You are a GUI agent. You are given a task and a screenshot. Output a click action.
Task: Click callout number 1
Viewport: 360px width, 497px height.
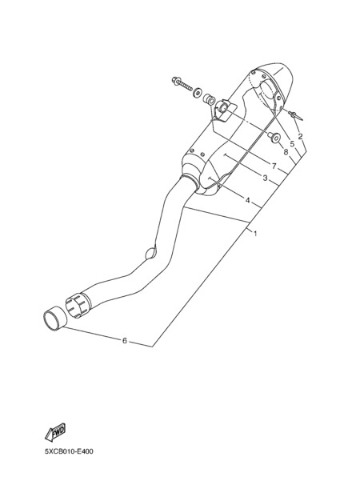point(255,234)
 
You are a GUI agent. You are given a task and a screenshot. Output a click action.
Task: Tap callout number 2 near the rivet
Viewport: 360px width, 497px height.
point(301,137)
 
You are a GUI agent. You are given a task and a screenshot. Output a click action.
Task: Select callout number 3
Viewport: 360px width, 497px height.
point(266,178)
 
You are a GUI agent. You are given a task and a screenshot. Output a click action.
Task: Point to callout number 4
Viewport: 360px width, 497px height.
point(247,200)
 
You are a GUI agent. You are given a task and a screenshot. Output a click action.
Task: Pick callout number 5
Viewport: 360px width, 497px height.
point(292,144)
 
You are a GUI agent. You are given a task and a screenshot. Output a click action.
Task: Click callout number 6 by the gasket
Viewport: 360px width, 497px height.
point(125,341)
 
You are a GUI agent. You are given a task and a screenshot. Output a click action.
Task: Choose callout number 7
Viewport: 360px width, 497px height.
point(274,166)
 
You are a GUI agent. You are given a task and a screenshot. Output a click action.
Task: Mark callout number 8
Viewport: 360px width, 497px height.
point(286,152)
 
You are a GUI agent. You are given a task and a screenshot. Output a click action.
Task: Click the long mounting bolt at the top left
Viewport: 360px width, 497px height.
point(182,82)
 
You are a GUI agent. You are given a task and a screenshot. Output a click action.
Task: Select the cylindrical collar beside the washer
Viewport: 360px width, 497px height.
point(209,99)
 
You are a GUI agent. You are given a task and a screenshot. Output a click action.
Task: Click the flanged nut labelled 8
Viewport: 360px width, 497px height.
point(274,138)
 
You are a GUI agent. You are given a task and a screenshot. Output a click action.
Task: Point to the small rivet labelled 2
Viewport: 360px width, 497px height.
point(295,115)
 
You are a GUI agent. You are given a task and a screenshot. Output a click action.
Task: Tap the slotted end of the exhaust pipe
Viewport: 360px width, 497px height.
point(78,305)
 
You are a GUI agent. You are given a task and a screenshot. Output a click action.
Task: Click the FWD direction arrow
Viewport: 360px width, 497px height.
point(55,432)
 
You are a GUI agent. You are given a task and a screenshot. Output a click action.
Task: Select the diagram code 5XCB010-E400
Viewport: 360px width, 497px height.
point(69,451)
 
